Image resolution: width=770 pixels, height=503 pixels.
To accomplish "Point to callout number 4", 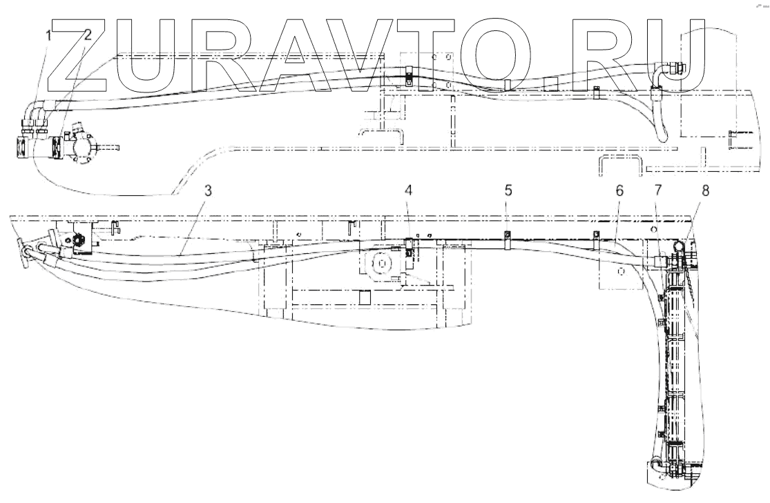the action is point(409,190).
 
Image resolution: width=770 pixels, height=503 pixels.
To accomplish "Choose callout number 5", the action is point(508,190).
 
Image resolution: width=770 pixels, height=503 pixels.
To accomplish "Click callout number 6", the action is point(619,190).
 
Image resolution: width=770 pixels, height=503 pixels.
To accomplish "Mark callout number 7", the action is point(658,190).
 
